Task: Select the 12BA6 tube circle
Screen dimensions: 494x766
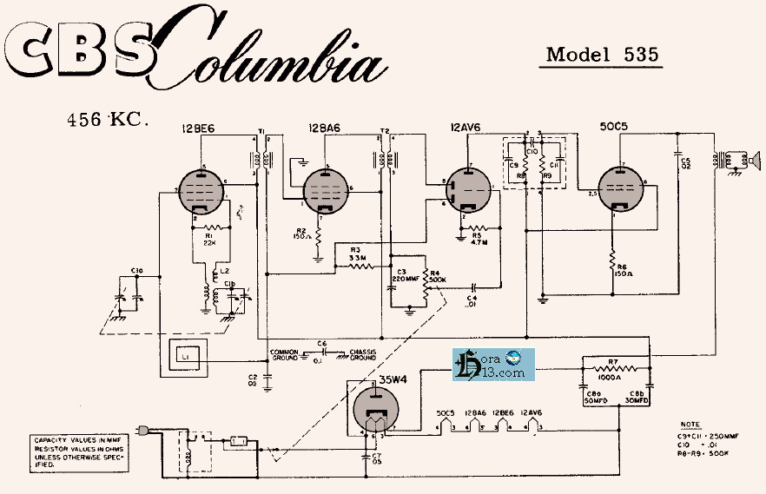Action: (x=327, y=190)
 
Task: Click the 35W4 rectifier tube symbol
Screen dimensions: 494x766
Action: (x=376, y=410)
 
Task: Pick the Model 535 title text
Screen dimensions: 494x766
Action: (x=602, y=54)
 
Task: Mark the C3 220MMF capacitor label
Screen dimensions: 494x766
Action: (x=405, y=277)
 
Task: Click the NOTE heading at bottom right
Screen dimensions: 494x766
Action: (x=690, y=425)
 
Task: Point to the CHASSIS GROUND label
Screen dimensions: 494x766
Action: (x=362, y=354)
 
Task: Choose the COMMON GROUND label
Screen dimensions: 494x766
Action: (x=285, y=354)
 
